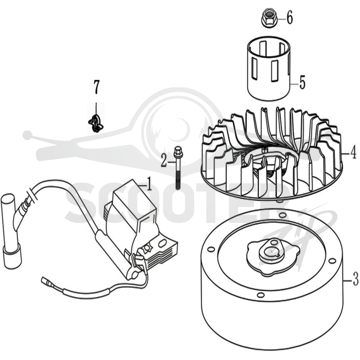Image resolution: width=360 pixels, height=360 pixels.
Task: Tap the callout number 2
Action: coord(164,160)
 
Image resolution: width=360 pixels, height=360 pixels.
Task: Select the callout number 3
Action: coord(355,278)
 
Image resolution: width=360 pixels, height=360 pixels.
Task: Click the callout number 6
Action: coord(289,18)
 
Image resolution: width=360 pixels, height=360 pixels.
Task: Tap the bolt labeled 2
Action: coord(177,168)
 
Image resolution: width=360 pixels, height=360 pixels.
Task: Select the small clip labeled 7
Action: coord(96,123)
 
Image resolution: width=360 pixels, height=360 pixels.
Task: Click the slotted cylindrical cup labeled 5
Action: coord(268,68)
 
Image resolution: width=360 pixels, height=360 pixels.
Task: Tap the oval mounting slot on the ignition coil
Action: coord(162,242)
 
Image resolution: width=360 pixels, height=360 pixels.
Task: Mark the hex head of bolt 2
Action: coord(177,151)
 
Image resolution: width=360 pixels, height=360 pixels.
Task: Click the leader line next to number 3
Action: coord(348,280)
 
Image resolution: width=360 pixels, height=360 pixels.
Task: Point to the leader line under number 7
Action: coord(96,108)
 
